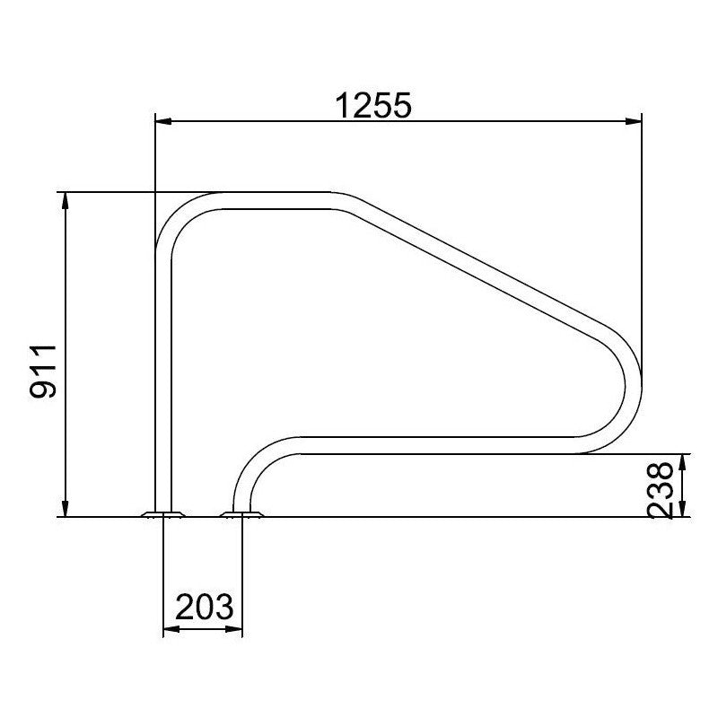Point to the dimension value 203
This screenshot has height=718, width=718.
(x=204, y=609)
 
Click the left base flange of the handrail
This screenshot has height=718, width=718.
(x=162, y=514)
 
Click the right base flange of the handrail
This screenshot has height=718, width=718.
(x=241, y=514)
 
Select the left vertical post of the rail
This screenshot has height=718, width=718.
(x=162, y=377)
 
